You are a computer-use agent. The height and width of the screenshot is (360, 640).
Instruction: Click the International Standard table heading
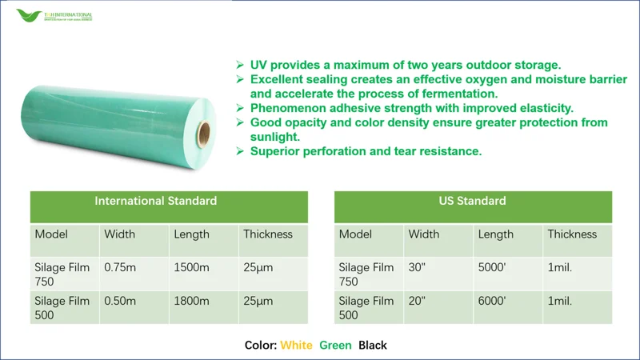pyautogui.click(x=155, y=201)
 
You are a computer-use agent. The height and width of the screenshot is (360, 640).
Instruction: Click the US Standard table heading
pyautogui.click(x=472, y=201)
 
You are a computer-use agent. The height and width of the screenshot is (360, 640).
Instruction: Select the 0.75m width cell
pyautogui.click(x=120, y=267)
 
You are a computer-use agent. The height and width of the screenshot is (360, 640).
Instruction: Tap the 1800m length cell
pyautogui.click(x=191, y=301)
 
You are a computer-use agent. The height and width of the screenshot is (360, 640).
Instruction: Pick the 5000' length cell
pyautogui.click(x=492, y=267)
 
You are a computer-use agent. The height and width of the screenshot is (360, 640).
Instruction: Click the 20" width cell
pyautogui.click(x=417, y=301)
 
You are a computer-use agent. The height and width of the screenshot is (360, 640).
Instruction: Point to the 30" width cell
pyautogui.click(x=417, y=267)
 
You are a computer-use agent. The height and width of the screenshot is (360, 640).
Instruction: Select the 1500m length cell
pyautogui.click(x=191, y=267)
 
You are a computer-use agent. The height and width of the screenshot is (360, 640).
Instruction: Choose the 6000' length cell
pyautogui.click(x=492, y=301)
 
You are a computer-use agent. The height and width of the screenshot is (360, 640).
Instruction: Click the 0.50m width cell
pyautogui.click(x=120, y=301)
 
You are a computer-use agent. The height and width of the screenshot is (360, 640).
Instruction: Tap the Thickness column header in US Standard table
pyautogui.click(x=571, y=234)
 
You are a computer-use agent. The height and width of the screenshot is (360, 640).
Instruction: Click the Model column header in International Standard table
pyautogui.click(x=51, y=234)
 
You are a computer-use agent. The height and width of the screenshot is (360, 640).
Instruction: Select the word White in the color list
pyautogui.click(x=296, y=346)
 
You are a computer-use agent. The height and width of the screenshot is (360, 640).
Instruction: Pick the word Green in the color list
pyautogui.click(x=335, y=346)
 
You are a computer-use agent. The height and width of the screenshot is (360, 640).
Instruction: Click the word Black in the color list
pyautogui.click(x=372, y=346)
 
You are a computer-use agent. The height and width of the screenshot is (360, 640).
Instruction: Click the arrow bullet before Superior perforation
pyautogui.click(x=239, y=151)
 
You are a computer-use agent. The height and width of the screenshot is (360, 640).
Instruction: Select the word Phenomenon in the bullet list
pyautogui.click(x=285, y=108)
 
